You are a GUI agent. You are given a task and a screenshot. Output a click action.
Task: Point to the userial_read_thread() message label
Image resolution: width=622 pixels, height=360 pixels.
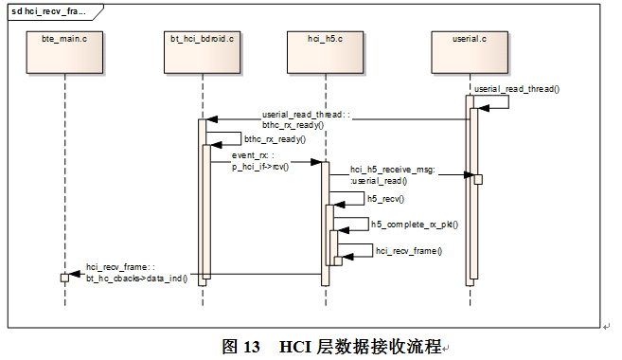pyautogui.click(x=517, y=88)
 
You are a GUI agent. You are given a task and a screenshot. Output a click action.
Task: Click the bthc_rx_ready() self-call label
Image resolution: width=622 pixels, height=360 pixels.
pyautogui.click(x=275, y=137)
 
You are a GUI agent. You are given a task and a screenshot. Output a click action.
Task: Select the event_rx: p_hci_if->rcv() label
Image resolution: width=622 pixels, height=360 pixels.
pyautogui.click(x=260, y=160)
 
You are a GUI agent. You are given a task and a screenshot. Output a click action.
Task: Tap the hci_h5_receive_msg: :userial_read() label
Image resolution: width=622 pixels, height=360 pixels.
pyautogui.click(x=391, y=173)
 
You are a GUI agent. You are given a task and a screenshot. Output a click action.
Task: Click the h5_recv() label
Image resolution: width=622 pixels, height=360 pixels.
pyautogui.click(x=386, y=199)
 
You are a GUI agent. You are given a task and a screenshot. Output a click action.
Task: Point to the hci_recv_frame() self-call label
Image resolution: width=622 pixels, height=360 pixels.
pyautogui.click(x=409, y=250)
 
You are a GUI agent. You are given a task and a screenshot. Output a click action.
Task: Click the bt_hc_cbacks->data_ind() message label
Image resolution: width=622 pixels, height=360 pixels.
pyautogui.click(x=135, y=273)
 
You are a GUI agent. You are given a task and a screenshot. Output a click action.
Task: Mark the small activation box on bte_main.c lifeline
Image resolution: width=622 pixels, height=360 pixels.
pyautogui.click(x=64, y=277)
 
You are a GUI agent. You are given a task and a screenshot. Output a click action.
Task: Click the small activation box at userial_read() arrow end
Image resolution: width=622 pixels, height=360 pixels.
pyautogui.click(x=478, y=179)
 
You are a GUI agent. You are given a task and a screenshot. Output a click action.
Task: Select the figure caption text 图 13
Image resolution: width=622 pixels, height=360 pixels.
pyautogui.click(x=240, y=347)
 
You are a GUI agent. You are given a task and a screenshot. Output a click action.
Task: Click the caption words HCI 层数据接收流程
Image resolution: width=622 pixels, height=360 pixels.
pyautogui.click(x=360, y=347)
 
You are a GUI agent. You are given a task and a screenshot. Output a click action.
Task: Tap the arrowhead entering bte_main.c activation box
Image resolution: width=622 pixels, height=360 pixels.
pyautogui.click(x=73, y=277)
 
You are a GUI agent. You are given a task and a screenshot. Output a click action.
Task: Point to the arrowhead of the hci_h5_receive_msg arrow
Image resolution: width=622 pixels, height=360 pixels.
pyautogui.click(x=469, y=174)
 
